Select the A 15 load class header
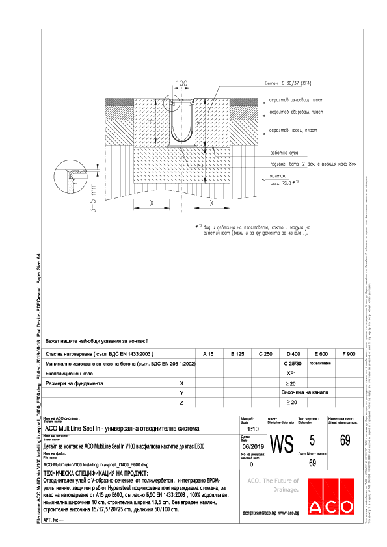pyautogui.click(x=209, y=353)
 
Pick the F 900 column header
pyautogui.click(x=348, y=353)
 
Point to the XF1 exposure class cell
pyautogui.click(x=293, y=374)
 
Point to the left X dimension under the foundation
pyautogui.click(x=152, y=203)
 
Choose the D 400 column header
pyautogui.click(x=293, y=353)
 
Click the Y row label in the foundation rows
pyautogui.click(x=181, y=394)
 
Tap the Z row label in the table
pyautogui.click(x=181, y=403)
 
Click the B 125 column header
pyautogui.click(x=237, y=353)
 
